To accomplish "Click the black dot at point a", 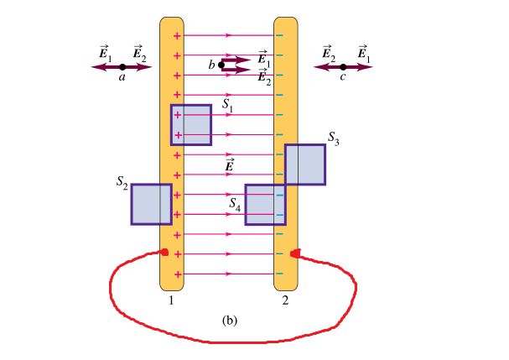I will (122, 66).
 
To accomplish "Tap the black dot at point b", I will (221, 64).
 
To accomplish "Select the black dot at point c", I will (343, 66).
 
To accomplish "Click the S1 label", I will (228, 105).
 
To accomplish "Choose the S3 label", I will (334, 137).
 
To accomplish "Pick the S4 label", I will (236, 202).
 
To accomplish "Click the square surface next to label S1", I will (191, 125).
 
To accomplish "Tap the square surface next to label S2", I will (151, 204).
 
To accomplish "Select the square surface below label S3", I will (304, 164).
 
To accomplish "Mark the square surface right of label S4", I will (265, 205).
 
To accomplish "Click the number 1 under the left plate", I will (171, 299).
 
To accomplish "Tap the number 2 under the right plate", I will (285, 299).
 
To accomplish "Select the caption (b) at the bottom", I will (230, 320).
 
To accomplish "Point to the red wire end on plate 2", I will (294, 253).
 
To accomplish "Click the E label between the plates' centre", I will (230, 165).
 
